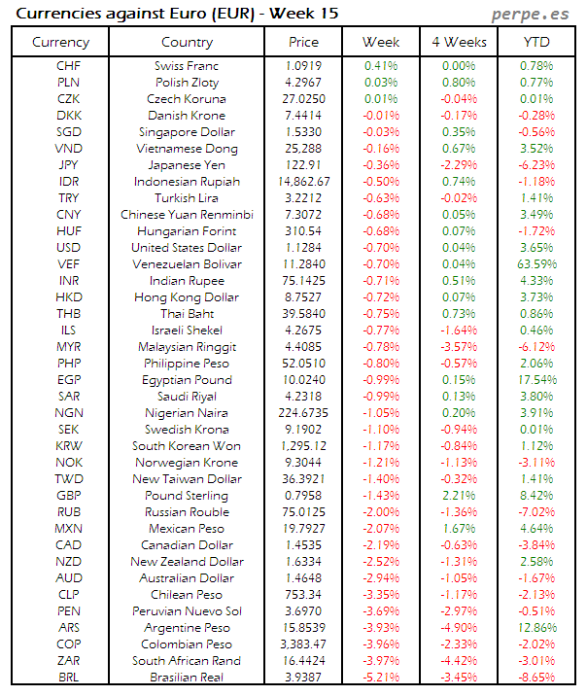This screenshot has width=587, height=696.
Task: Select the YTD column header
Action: [x=536, y=42]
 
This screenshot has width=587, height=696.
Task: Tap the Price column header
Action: [x=303, y=42]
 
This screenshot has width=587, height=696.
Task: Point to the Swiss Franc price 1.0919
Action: [x=303, y=65]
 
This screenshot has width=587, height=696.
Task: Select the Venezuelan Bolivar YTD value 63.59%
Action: [x=537, y=263]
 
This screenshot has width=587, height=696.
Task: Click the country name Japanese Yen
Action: [x=187, y=164]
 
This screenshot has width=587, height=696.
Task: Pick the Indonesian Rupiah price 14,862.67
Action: [x=303, y=181]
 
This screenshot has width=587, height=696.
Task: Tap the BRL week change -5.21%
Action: [x=381, y=677]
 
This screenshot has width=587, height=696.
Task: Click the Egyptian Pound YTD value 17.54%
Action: [x=537, y=379]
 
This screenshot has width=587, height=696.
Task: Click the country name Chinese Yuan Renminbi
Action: [x=187, y=214]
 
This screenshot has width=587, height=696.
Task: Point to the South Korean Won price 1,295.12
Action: [x=303, y=445]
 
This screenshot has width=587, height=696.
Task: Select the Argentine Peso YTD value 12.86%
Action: [x=537, y=627]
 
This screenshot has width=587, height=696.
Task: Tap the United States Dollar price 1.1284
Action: [x=303, y=247]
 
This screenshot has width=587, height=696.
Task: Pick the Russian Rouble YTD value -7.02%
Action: [x=537, y=511]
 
